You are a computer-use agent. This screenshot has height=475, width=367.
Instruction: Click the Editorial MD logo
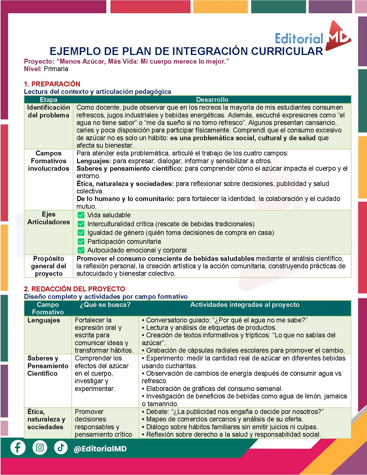(x=313, y=36)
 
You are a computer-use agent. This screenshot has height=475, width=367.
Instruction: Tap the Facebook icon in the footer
(x=18, y=448)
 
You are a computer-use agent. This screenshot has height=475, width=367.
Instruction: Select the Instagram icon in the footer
(x=40, y=448)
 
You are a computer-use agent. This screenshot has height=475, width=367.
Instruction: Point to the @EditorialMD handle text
(x=100, y=449)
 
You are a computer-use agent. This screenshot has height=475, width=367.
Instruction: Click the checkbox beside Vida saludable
(x=81, y=215)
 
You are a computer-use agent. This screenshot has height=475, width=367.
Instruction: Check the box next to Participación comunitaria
(x=81, y=241)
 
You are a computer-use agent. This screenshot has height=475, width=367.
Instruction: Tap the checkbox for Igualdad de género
(x=81, y=233)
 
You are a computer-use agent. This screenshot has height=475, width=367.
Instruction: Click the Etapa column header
(x=48, y=100)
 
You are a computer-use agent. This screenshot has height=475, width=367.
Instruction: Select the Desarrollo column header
(x=212, y=100)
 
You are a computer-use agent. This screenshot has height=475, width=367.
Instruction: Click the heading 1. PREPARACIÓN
(x=52, y=84)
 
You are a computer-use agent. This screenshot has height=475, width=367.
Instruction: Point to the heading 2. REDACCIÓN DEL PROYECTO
(x=75, y=289)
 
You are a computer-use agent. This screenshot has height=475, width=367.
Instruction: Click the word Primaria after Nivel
(x=56, y=69)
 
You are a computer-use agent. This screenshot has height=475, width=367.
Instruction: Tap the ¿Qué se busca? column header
(x=105, y=305)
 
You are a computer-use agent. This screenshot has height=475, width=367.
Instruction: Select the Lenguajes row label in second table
(x=44, y=320)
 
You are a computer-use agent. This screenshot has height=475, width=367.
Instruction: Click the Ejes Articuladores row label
(x=49, y=218)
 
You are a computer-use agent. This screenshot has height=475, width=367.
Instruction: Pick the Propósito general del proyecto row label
(x=49, y=266)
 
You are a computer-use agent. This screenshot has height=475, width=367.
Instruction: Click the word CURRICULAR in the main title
(x=287, y=51)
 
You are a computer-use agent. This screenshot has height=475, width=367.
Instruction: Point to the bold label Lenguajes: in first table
(x=94, y=161)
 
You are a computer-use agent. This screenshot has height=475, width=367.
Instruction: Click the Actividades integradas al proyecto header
(x=245, y=305)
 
